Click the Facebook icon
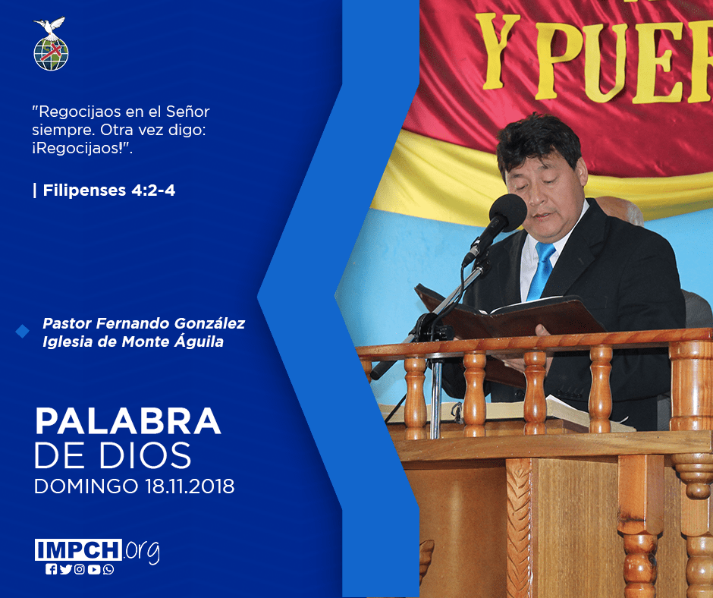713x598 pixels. pyautogui.click(x=51, y=569)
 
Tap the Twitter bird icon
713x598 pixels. pyautogui.click(x=65, y=569)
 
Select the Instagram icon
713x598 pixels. pyautogui.click(x=80, y=569)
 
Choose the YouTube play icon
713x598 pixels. pyautogui.click(x=93, y=569)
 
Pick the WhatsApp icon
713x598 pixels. pyautogui.click(x=108, y=569)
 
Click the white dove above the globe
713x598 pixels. pyautogui.click(x=51, y=27)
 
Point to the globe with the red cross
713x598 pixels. pyautogui.click(x=51, y=54)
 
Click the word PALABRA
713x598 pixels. pyautogui.click(x=127, y=421)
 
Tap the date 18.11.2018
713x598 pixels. pyautogui.click(x=190, y=486)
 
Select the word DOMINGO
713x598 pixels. pyautogui.click(x=86, y=486)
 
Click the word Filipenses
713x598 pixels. pyautogui.click(x=84, y=190)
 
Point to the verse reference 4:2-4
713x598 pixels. pyautogui.click(x=153, y=190)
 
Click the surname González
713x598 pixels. pyautogui.click(x=209, y=323)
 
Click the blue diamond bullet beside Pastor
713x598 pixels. pyautogui.click(x=22, y=332)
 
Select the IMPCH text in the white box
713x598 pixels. pyautogui.click(x=78, y=549)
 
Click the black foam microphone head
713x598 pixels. pyautogui.click(x=508, y=213)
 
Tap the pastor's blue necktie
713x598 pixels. pyautogui.click(x=541, y=271)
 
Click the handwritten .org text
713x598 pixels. pyautogui.click(x=142, y=551)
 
